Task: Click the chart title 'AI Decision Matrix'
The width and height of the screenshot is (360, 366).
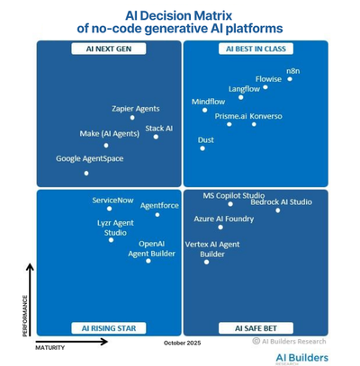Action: [180, 13]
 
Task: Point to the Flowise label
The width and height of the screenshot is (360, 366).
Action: [268, 78]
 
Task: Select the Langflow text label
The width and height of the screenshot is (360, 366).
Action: [244, 89]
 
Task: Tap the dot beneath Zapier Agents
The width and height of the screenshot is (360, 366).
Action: [132, 117]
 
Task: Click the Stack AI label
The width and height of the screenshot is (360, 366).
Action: [158, 129]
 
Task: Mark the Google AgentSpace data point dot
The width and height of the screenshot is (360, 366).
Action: [86, 173]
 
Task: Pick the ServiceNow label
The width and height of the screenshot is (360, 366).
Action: [113, 200]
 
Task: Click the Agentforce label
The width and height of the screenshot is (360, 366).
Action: [159, 205]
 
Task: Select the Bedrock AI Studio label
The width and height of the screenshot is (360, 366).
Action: [281, 201]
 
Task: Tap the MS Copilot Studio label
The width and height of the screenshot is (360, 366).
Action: [233, 194]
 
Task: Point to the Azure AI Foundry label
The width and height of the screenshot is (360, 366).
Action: [223, 219]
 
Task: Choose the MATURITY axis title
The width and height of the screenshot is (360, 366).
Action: [52, 344]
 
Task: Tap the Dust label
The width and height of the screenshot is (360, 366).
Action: [206, 140]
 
